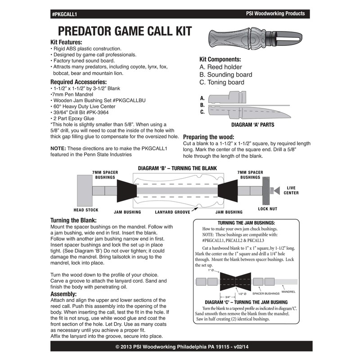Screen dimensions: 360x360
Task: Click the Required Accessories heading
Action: [79, 82]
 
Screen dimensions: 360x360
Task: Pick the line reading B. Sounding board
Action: [225, 75]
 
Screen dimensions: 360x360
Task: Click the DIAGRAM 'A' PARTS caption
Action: [252, 124]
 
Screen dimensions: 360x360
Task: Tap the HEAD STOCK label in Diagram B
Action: [85, 210]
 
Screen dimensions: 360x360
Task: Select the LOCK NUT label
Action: [267, 209]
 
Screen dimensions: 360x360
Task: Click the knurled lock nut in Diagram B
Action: [266, 190]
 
